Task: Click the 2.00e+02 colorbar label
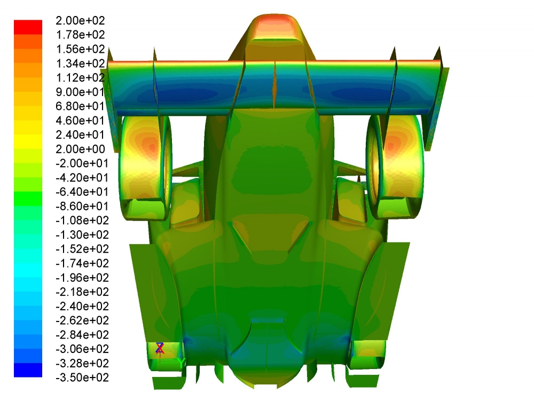(80, 21)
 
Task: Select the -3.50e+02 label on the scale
(82, 377)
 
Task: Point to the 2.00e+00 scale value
(80, 149)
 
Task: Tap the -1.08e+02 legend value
(82, 221)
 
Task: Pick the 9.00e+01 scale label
(80, 92)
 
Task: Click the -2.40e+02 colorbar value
(82, 306)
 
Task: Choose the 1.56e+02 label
(80, 49)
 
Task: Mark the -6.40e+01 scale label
(82, 192)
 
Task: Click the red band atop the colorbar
(28, 27)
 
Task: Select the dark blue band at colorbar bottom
(28, 370)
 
